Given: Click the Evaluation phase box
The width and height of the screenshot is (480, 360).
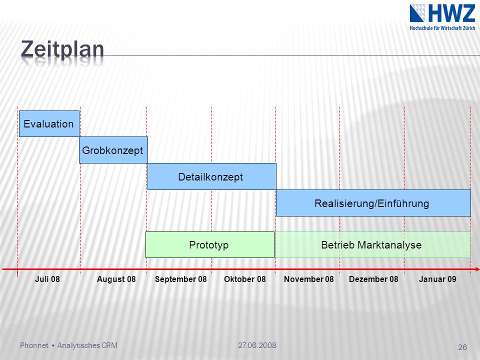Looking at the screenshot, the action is click(x=49, y=123).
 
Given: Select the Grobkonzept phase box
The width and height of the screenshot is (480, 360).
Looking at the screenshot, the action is click(x=113, y=150).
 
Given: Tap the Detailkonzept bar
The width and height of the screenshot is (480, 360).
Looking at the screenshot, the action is click(x=212, y=176).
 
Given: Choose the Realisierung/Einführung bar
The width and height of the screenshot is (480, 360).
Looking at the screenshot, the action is click(x=373, y=203).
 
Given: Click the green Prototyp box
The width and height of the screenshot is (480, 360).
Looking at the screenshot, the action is click(x=210, y=244).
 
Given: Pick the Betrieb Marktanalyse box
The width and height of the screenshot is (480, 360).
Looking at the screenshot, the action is click(x=372, y=244).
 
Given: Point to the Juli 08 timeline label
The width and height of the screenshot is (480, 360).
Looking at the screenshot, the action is click(x=47, y=279).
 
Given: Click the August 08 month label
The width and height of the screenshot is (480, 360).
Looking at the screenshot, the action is click(x=116, y=279).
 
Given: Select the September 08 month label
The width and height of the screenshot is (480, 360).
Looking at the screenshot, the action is click(x=181, y=279).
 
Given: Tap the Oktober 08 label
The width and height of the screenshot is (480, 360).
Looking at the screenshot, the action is click(x=245, y=279).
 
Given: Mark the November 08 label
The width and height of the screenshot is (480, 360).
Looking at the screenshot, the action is click(x=309, y=279).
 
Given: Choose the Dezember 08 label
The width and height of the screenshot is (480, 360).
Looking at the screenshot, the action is click(x=373, y=279).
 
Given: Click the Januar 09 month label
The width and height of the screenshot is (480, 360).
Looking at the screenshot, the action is click(x=437, y=279).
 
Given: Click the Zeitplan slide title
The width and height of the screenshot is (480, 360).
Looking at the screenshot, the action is click(x=62, y=49).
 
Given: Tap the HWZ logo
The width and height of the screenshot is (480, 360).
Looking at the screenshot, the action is click(x=442, y=17).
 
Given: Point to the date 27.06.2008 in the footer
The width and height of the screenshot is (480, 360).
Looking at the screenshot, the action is click(x=257, y=345).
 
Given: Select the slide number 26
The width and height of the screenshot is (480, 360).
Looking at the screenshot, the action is click(x=462, y=347).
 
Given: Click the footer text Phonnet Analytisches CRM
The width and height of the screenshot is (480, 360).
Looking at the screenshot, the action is click(x=68, y=345).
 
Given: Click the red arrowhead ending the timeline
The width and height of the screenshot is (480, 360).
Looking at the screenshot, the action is click(x=477, y=269).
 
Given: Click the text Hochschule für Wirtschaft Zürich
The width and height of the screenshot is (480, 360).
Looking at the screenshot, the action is click(x=442, y=28).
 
